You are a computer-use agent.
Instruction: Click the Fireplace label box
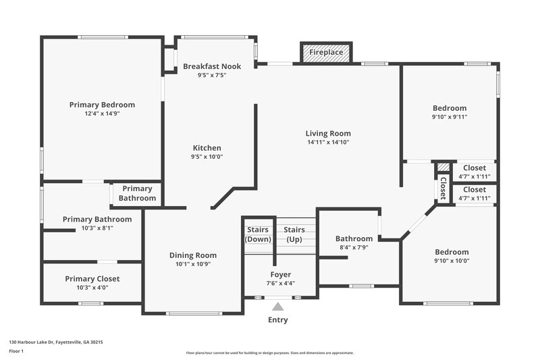click(x=326, y=53)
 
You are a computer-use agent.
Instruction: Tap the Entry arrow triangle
click(x=278, y=306)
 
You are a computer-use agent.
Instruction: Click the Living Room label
click(x=328, y=133)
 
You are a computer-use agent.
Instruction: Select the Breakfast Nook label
click(x=211, y=66)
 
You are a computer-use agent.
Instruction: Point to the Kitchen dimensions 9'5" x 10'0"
click(x=207, y=157)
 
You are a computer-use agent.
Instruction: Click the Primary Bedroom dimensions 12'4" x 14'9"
click(x=102, y=113)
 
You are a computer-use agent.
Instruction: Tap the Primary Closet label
click(x=92, y=278)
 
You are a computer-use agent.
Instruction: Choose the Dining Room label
click(x=193, y=255)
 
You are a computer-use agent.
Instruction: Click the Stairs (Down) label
click(x=258, y=234)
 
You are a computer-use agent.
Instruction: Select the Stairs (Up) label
click(x=294, y=234)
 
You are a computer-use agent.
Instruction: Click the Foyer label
click(x=281, y=274)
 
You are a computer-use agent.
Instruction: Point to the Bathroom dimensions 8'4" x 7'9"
click(x=354, y=248)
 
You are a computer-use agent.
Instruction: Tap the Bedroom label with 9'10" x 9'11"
click(x=450, y=108)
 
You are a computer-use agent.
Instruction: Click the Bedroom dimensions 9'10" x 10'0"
click(x=451, y=261)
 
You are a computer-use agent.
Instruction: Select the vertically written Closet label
click(x=443, y=188)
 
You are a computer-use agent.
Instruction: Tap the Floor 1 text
click(x=17, y=351)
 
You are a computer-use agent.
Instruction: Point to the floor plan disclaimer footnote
click(x=269, y=353)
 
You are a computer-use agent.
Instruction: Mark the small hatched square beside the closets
click(x=443, y=167)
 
